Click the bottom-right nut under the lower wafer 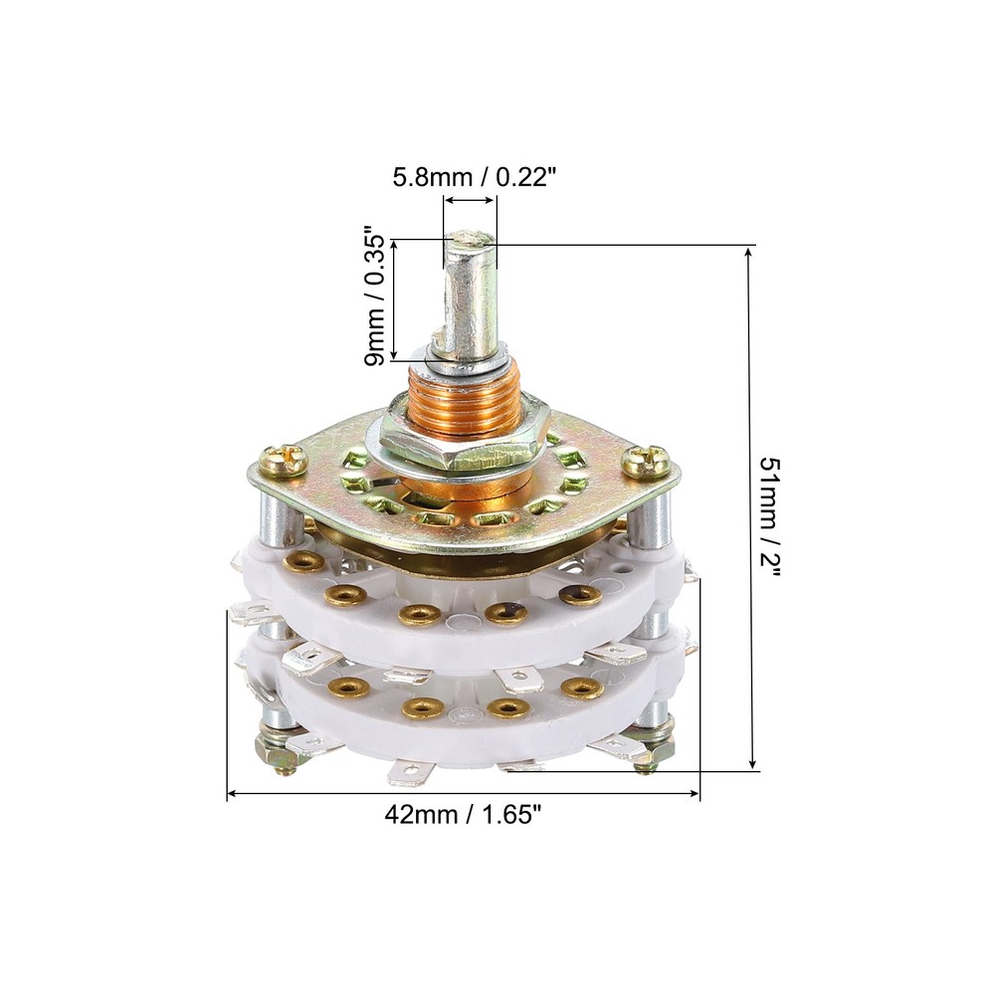click(649, 748)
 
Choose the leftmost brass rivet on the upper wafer click(298, 563)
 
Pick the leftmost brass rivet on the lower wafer click(348, 687)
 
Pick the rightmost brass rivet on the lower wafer click(582, 688)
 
